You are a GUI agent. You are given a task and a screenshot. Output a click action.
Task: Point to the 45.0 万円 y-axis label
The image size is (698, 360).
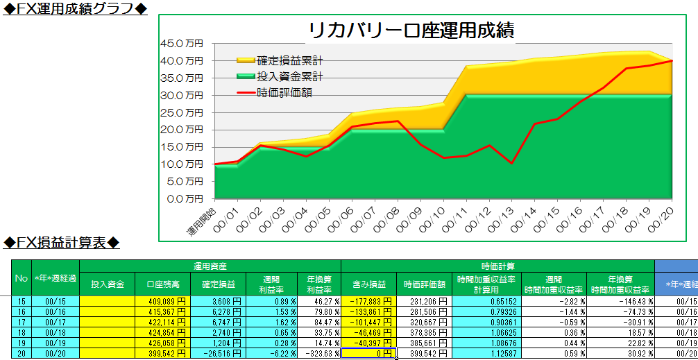pos(182,43)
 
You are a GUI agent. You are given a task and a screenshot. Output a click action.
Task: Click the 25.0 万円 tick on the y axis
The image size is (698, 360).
pos(182,112)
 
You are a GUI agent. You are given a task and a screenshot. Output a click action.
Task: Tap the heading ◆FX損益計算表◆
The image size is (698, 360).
pos(62,242)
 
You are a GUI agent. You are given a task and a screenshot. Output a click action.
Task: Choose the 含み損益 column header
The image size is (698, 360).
pos(368,284)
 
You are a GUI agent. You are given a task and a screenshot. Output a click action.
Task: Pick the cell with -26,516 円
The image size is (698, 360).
pos(217,353)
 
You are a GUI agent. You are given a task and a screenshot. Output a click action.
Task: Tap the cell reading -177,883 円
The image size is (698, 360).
pos(368,301)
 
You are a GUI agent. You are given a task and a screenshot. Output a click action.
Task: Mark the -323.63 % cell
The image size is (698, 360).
pos(319,353)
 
